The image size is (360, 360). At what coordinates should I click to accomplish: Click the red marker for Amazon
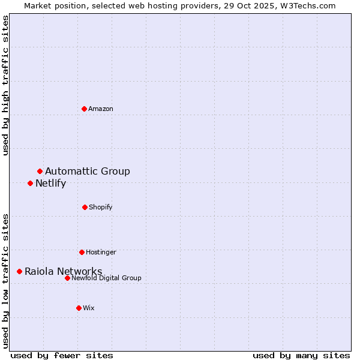[x=84, y=109]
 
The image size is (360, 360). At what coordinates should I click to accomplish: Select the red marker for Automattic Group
[x=40, y=172]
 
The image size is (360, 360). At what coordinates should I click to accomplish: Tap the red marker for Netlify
[x=30, y=183]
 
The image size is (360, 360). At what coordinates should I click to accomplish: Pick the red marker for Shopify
[x=85, y=207]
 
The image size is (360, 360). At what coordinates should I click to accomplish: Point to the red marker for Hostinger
[x=82, y=252]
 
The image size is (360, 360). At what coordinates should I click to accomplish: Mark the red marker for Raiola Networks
[x=19, y=272]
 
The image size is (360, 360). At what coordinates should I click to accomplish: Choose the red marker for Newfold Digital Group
[x=67, y=278]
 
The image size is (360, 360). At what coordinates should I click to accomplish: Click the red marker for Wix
[x=79, y=308]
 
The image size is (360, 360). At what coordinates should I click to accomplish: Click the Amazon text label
[x=101, y=109]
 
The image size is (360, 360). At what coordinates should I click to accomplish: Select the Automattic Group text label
[x=88, y=172]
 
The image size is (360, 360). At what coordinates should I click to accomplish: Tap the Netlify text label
[x=50, y=184]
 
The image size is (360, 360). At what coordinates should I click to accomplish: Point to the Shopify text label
[x=101, y=207]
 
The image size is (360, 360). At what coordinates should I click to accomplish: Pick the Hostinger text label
[x=101, y=252]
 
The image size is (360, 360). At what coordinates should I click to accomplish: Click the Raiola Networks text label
[x=63, y=272]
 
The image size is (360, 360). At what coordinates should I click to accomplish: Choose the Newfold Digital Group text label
[x=106, y=278]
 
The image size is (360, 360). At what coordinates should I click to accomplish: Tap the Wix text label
[x=89, y=308]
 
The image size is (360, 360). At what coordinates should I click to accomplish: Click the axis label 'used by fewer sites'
[x=62, y=355]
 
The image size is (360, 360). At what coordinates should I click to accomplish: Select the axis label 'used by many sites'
[x=301, y=355]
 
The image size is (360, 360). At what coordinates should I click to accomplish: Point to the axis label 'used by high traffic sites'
[x=6, y=85]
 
